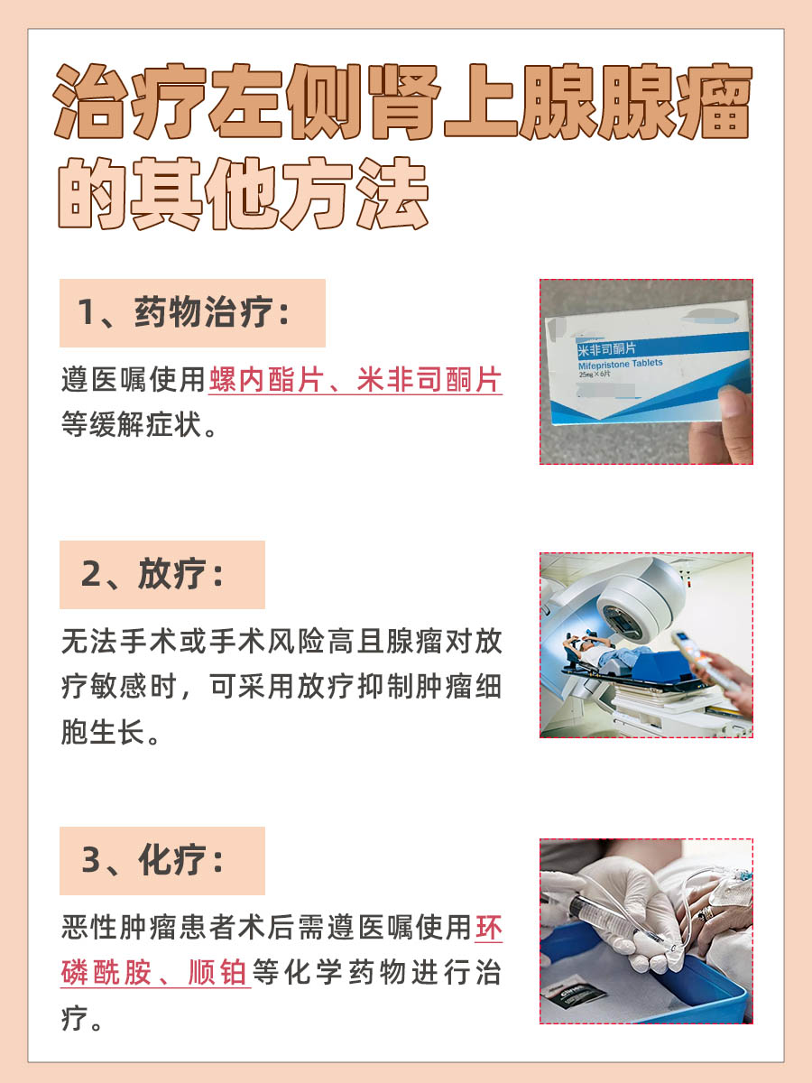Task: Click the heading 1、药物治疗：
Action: [x=191, y=313]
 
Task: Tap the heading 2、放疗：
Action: [x=161, y=575]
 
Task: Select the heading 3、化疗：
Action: [x=161, y=861]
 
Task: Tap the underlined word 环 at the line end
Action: [x=488, y=927]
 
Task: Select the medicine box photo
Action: [x=646, y=372]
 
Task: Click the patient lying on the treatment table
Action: [x=604, y=654]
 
